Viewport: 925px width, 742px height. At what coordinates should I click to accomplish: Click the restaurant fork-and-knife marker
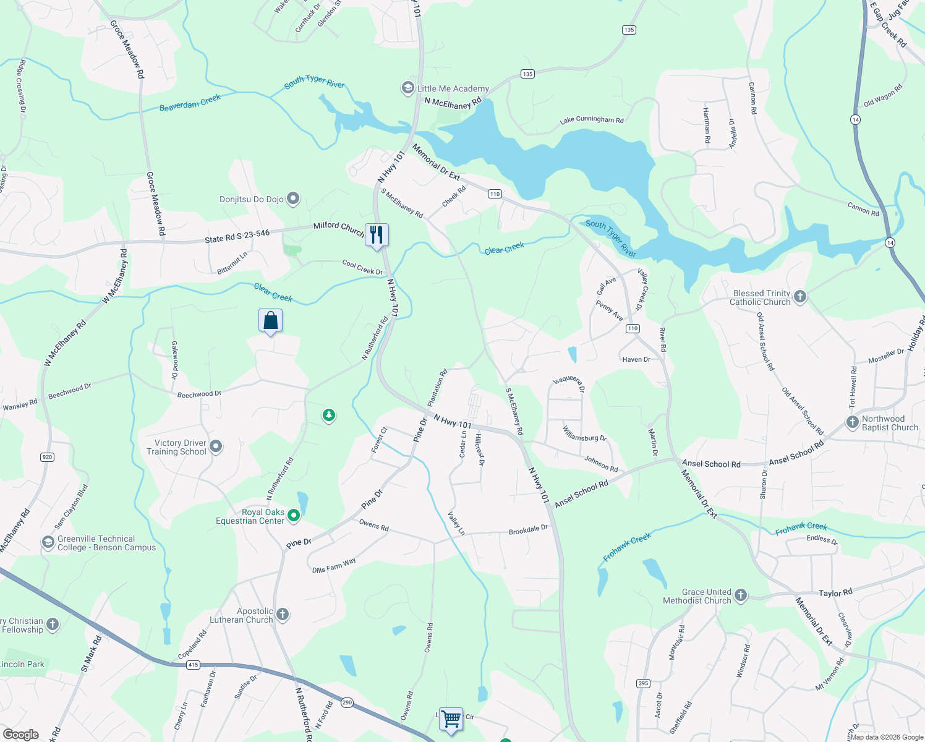tap(377, 235)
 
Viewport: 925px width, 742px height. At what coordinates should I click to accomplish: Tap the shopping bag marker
tap(270, 320)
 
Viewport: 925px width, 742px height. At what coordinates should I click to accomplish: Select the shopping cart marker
tap(451, 719)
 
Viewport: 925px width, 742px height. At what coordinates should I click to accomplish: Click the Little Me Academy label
tap(453, 88)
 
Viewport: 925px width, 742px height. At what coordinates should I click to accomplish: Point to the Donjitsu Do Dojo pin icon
tap(294, 199)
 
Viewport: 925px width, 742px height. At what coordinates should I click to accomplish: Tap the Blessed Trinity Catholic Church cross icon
tap(800, 297)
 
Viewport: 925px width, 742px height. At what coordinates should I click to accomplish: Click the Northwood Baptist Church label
tap(890, 423)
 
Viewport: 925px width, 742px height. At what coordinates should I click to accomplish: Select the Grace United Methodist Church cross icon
tap(741, 596)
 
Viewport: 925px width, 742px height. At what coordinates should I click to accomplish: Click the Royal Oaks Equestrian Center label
tap(250, 516)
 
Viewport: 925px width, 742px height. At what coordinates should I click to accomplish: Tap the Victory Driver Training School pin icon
tap(216, 446)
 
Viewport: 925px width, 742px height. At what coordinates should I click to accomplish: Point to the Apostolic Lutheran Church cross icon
tap(283, 615)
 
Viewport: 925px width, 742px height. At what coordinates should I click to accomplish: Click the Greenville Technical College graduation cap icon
tap(48, 543)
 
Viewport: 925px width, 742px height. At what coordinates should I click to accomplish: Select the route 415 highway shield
tap(194, 665)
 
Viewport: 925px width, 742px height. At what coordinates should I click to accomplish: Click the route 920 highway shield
tap(47, 457)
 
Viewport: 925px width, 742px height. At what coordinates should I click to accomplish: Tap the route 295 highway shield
tap(643, 683)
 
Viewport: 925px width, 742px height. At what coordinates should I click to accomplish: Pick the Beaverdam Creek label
tap(190, 103)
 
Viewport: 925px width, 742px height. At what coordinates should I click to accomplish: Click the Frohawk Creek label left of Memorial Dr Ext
tap(627, 547)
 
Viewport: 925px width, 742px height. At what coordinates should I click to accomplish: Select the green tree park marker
tap(329, 415)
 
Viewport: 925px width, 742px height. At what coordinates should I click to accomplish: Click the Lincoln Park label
tap(22, 664)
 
